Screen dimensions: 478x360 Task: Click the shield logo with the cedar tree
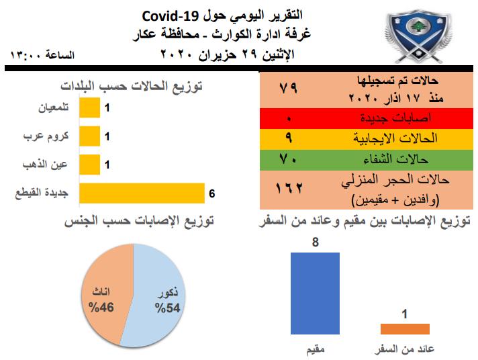pyautogui.click(x=418, y=37)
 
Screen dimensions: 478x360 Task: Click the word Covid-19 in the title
pyautogui.click(x=171, y=16)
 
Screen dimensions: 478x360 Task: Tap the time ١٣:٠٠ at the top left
pyautogui.click(x=26, y=55)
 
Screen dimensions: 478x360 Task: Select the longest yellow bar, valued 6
pyautogui.click(x=142, y=193)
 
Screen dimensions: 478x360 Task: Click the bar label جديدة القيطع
pyautogui.click(x=42, y=193)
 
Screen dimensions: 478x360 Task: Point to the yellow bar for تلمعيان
pyautogui.click(x=90, y=107)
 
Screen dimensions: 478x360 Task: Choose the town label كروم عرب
pyautogui.click(x=46, y=136)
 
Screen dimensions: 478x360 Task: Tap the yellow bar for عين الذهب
pyautogui.click(x=90, y=165)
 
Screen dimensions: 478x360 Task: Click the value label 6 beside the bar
pyautogui.click(x=212, y=193)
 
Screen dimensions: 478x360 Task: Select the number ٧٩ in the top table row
pyautogui.click(x=288, y=88)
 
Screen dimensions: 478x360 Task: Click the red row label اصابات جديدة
pyautogui.click(x=396, y=118)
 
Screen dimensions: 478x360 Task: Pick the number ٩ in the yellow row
pyautogui.click(x=289, y=138)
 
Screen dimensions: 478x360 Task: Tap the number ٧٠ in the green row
pyautogui.click(x=287, y=159)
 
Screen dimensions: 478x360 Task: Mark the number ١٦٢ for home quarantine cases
pyautogui.click(x=289, y=188)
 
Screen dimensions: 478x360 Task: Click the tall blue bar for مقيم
pyautogui.click(x=315, y=294)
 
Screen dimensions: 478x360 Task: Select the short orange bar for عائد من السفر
pyautogui.click(x=405, y=329)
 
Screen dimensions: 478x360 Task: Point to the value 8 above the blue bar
pyautogui.click(x=316, y=242)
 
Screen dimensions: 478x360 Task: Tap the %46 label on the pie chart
pyautogui.click(x=101, y=307)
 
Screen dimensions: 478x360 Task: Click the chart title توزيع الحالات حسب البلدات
pyautogui.click(x=132, y=87)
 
